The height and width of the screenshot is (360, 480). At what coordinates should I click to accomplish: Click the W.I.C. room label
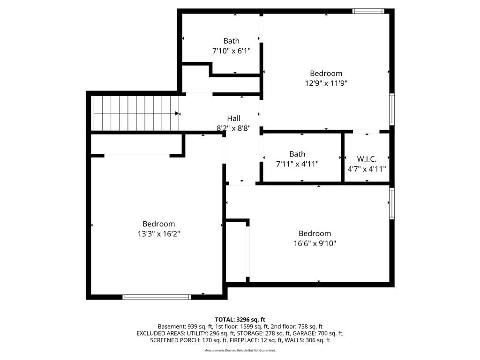click(x=367, y=159)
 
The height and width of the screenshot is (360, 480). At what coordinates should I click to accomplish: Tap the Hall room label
click(x=233, y=119)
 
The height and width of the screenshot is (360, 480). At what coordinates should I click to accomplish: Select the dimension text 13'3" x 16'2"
click(x=158, y=234)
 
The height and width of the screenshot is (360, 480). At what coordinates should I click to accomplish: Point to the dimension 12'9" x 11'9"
click(x=326, y=83)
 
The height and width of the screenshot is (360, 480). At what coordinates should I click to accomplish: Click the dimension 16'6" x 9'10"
click(x=315, y=243)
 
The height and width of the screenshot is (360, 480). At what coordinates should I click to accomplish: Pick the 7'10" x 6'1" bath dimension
click(x=232, y=51)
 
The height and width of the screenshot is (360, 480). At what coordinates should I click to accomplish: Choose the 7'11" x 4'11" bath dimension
click(x=297, y=164)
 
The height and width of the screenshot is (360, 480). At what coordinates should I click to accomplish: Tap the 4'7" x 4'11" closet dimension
click(x=367, y=169)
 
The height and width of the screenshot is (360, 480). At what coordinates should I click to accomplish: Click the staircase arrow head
click(x=177, y=113)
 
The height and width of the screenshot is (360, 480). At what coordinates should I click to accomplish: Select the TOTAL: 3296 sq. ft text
click(x=240, y=320)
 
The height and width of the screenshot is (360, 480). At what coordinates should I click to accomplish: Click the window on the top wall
click(x=368, y=11)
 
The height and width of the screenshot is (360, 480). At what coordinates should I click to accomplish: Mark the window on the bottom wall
click(x=157, y=297)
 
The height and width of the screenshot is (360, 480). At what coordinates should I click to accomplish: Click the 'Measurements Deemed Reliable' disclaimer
click(x=240, y=350)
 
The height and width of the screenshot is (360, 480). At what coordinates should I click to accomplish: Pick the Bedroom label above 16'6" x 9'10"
click(x=315, y=233)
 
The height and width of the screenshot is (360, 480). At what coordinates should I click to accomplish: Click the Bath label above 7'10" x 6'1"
click(x=232, y=41)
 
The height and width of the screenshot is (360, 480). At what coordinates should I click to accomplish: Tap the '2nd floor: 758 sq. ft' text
click(x=297, y=327)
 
